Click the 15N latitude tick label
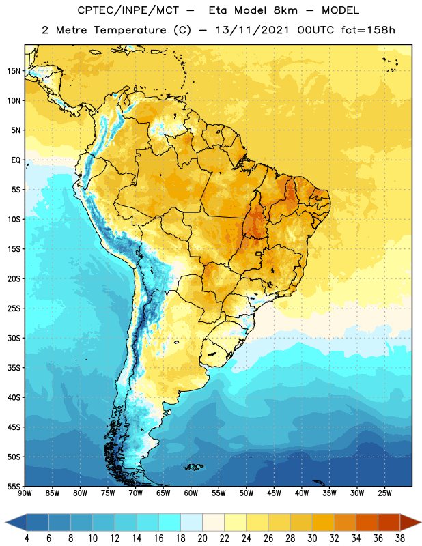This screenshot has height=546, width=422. pyautogui.click(x=14, y=71)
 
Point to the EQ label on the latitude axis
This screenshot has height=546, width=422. pyautogui.click(x=16, y=160)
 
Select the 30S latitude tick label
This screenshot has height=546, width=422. pyautogui.click(x=14, y=338)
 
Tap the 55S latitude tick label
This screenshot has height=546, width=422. pyautogui.click(x=14, y=487)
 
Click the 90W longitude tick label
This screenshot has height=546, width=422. pyautogui.click(x=25, y=493)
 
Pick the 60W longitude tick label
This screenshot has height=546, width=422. pyautogui.click(x=191, y=493)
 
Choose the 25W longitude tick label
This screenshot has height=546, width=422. pyautogui.click(x=384, y=493)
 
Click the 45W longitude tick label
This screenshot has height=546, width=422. pyautogui.click(x=274, y=493)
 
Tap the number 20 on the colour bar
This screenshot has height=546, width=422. pyautogui.click(x=202, y=538)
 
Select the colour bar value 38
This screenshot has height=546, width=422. pyautogui.click(x=399, y=538)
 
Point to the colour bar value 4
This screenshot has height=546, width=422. pyautogui.click(x=27, y=538)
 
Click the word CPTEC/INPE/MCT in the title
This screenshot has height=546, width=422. pyautogui.click(x=128, y=10)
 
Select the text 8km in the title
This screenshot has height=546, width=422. pyautogui.click(x=285, y=10)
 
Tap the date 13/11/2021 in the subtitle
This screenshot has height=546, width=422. pyautogui.click(x=252, y=30)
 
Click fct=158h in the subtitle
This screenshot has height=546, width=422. pyautogui.click(x=368, y=30)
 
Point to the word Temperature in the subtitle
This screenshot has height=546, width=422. pyautogui.click(x=130, y=30)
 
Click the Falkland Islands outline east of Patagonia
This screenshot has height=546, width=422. pyautogui.click(x=194, y=467)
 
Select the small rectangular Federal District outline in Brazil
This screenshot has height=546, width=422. pyautogui.click(x=259, y=253)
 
